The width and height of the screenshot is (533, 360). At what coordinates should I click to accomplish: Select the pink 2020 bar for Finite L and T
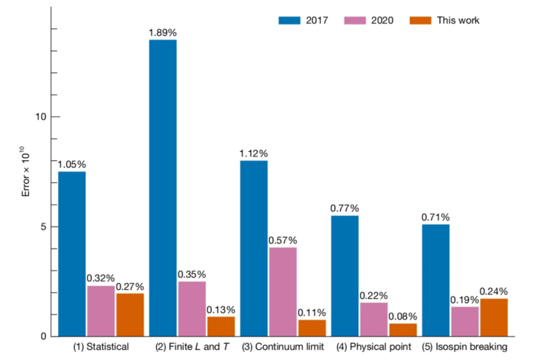191,308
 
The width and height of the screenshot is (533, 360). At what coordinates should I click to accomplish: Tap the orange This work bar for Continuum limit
311,328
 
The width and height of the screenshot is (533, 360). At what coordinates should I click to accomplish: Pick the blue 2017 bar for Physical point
344,275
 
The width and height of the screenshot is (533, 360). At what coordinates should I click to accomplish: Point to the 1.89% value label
163,32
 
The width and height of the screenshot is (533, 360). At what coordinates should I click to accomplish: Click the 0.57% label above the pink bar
282,240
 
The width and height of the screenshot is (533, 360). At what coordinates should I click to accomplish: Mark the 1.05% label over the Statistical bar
72,164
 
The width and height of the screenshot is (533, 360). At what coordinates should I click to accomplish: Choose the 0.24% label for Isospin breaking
494,291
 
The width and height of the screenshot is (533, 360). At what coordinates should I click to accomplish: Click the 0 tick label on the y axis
43,336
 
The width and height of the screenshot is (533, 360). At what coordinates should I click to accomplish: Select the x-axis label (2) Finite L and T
192,348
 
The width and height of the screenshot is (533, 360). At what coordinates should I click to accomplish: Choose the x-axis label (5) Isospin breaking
465,348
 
